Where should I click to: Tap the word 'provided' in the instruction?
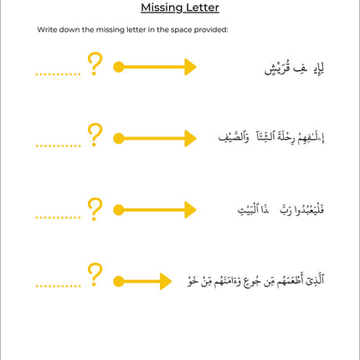pos(205,30)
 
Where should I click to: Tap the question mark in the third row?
pos(95,206)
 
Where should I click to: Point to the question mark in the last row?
pos(95,274)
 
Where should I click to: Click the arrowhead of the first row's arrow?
pos(190,67)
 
